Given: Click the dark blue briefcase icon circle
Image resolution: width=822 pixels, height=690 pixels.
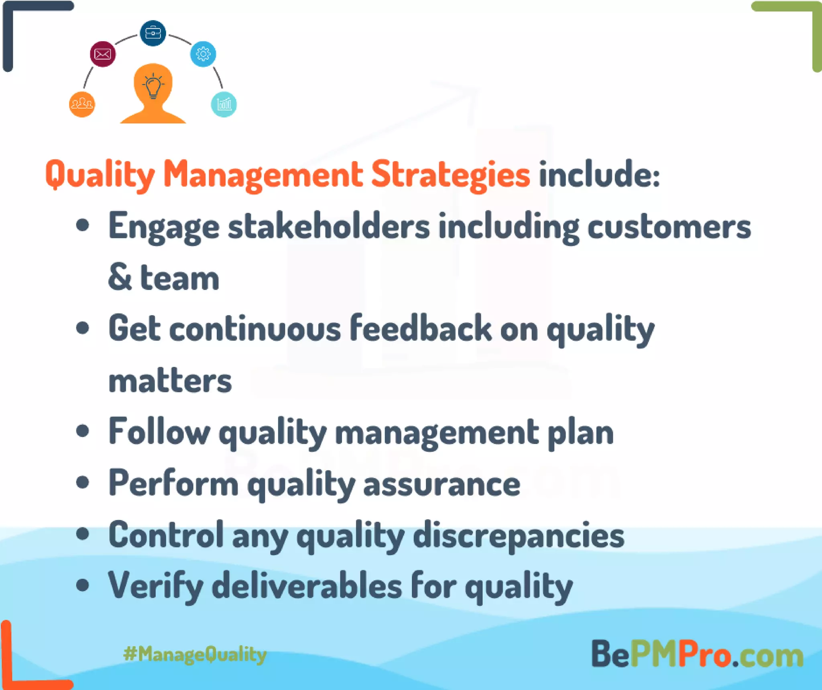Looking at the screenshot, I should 153,33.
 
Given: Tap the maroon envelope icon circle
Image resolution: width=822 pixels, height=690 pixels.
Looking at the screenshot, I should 103,54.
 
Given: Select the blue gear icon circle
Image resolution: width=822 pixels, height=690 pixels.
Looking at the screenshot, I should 203,54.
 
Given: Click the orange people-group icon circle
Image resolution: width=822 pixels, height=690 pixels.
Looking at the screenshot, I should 82,104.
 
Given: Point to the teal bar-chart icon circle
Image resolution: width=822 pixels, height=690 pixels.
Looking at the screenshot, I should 224,104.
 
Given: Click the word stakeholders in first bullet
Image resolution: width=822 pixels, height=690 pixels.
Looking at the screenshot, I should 329,227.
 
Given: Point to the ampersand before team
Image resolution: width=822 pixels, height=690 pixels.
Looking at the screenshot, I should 120,277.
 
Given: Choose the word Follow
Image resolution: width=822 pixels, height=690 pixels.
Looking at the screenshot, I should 159,432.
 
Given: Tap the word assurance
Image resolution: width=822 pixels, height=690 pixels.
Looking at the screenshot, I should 442,484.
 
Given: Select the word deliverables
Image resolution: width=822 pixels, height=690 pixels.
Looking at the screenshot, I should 307,586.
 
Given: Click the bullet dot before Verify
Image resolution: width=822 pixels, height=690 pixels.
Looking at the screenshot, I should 83,585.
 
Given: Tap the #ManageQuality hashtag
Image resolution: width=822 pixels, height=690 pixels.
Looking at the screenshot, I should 195,654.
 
